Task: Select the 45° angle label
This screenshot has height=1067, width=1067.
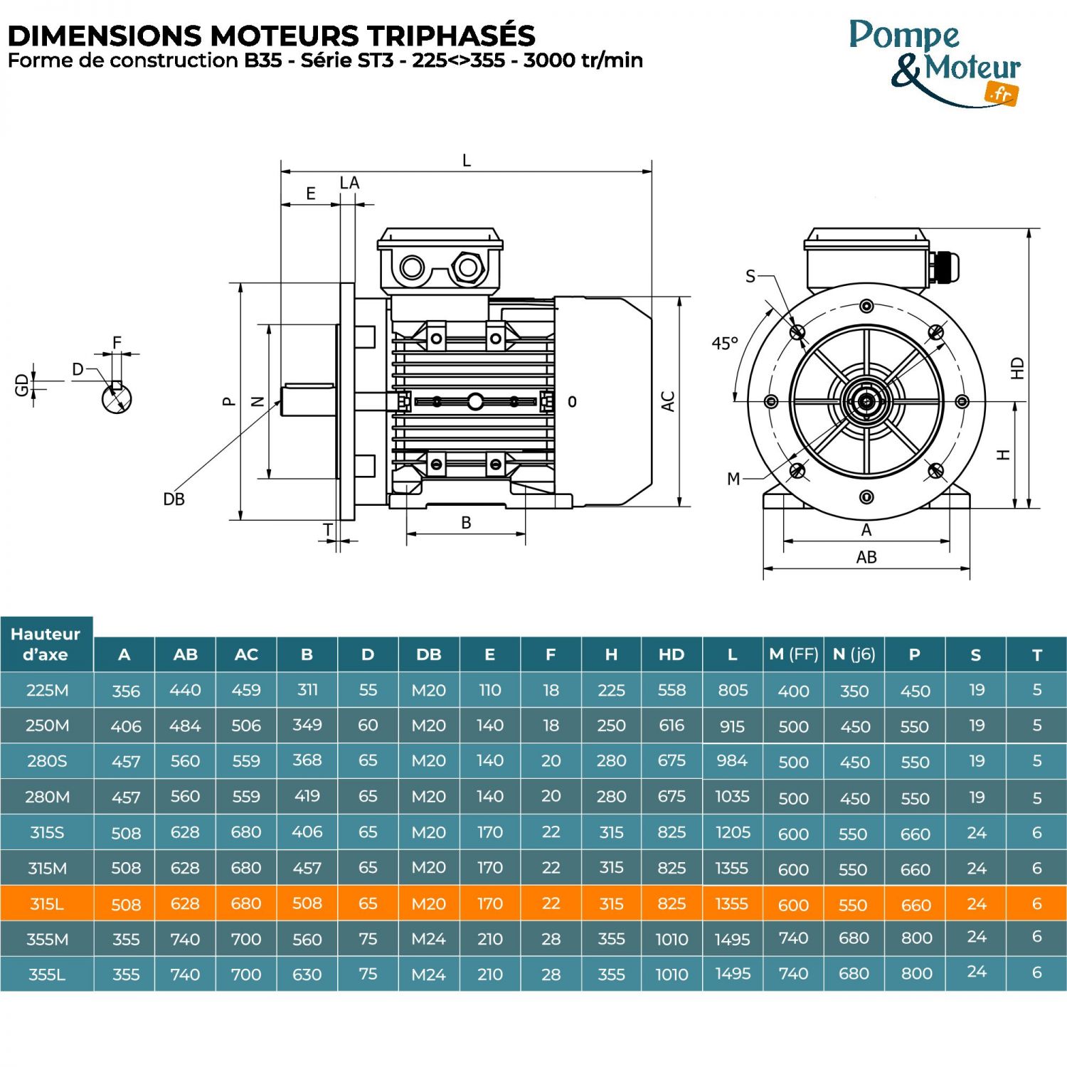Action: click(x=725, y=344)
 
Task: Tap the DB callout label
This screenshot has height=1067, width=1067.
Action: click(x=174, y=499)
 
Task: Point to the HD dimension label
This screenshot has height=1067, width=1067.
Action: click(x=1017, y=368)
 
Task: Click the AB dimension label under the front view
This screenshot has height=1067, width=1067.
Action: click(x=866, y=557)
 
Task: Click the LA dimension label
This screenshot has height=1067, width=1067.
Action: click(x=349, y=183)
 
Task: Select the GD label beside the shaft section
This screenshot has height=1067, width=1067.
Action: click(x=22, y=385)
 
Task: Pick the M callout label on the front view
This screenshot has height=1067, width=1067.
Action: click(x=733, y=479)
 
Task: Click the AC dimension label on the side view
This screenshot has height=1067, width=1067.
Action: click(x=668, y=401)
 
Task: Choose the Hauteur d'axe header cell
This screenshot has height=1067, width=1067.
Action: click(x=46, y=644)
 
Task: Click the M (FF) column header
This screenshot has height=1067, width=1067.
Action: click(x=793, y=654)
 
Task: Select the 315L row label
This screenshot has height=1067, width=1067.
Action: click(x=47, y=903)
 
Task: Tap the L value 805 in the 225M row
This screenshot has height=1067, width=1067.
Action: click(x=732, y=690)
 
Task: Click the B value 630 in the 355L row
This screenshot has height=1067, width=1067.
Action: click(x=307, y=975)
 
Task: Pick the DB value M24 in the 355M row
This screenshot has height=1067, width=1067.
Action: click(x=428, y=939)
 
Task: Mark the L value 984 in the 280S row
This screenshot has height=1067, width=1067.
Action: click(x=732, y=761)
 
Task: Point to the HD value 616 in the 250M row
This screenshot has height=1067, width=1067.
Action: click(x=671, y=726)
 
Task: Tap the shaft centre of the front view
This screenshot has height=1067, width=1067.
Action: click(x=866, y=401)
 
